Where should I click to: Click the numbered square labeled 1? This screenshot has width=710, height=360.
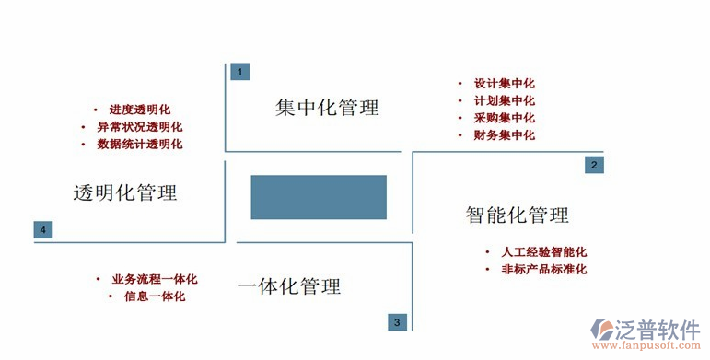(x=239, y=72)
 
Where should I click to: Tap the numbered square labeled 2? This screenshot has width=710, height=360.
(x=594, y=165)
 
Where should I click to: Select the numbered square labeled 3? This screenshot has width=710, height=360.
(x=396, y=321)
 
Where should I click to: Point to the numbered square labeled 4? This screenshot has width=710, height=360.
(x=42, y=229)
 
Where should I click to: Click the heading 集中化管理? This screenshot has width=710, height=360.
(x=327, y=108)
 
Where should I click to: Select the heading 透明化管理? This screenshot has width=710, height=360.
(x=125, y=192)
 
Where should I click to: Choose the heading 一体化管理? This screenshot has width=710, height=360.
(x=288, y=286)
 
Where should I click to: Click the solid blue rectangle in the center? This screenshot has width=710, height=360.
(x=319, y=196)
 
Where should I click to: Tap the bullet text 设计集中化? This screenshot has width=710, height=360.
(x=504, y=82)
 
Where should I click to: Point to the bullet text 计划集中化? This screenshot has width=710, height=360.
(x=504, y=100)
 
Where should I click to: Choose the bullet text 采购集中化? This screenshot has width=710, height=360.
(x=504, y=118)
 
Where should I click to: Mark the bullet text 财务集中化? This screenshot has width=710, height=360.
(x=504, y=135)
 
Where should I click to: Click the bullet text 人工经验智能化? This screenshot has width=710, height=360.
(x=544, y=251)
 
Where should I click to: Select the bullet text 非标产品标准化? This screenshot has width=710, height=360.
(x=544, y=269)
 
